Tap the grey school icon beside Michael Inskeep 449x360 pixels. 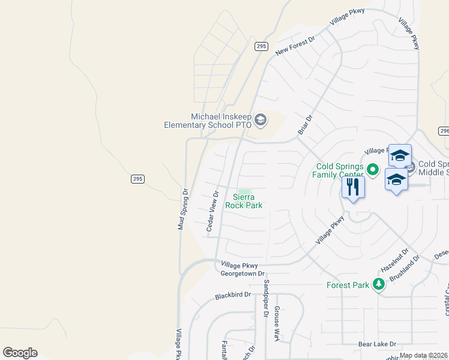point(260,121)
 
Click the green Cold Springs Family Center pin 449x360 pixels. point(372,170)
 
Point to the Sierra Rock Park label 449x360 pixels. point(244,201)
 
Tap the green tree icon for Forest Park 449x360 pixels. point(378,284)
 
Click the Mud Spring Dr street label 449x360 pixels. point(182,209)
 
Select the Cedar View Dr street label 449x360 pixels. point(211,211)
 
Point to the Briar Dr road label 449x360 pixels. point(306,125)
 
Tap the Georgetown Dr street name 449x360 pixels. point(243,274)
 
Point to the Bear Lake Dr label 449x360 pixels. point(378,344)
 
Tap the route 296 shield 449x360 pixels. point(444,131)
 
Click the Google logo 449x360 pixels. point(20,353)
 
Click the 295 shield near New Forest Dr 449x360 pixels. point(261,47)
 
